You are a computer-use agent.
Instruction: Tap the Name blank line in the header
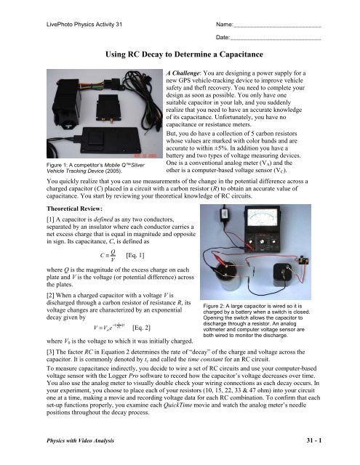tap(277, 27)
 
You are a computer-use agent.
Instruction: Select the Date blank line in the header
tap(276, 39)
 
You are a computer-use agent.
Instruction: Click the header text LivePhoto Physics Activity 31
tap(84, 24)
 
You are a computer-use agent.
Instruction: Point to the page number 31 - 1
tap(314, 440)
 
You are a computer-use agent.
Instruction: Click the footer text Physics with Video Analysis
tap(80, 441)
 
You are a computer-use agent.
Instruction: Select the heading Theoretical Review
tap(74, 209)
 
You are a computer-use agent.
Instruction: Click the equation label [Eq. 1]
tap(135, 255)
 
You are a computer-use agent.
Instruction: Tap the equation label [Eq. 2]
tap(141, 328)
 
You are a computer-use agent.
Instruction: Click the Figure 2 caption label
tap(214, 306)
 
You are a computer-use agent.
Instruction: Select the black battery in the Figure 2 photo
tap(284, 275)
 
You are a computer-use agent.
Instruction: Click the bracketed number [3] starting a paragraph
tap(50, 352)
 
